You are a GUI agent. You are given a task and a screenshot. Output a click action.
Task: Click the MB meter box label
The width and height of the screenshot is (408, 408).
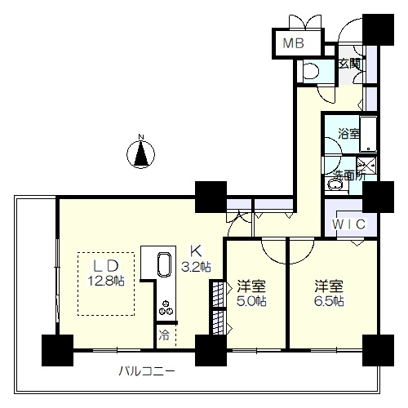(294, 43)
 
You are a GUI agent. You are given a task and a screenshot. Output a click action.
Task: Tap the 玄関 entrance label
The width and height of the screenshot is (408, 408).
(349, 64)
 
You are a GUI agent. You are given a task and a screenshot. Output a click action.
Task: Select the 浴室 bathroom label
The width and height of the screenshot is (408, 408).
(348, 134)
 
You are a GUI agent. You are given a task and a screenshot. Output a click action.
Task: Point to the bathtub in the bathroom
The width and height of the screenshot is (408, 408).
(368, 134)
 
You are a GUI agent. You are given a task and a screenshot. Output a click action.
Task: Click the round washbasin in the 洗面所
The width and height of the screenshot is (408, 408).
(334, 185)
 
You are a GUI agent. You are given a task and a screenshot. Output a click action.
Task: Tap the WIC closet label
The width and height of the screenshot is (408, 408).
(348, 224)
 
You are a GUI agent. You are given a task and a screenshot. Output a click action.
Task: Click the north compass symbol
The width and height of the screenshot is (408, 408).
(141, 153)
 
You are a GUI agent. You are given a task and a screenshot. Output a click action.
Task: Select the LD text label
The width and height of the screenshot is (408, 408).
(106, 266)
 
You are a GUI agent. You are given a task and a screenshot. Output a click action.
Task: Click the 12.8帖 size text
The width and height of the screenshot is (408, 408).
(106, 280)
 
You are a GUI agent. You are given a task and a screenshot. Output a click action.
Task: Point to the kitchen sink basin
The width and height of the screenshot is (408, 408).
(164, 264)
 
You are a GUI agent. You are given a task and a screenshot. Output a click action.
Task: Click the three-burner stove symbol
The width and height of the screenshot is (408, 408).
(166, 308)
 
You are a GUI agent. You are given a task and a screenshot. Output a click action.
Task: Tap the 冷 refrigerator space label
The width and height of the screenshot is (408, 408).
(164, 335)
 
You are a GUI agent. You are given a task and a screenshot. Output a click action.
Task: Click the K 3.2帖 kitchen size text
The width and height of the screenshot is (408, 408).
(196, 259)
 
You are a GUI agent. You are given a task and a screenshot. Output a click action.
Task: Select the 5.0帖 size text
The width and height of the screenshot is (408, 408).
(251, 301)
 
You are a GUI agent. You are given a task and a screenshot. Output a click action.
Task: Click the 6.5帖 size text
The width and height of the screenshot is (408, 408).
(329, 301)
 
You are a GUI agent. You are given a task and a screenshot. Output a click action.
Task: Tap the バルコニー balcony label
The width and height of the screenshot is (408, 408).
(147, 371)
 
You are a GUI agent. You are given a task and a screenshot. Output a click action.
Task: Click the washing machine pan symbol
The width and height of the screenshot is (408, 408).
(366, 166)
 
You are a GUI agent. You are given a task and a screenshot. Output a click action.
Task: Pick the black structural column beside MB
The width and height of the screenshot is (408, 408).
(378, 29)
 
